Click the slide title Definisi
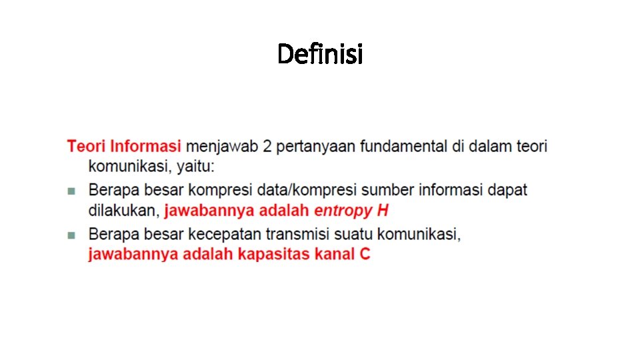click(320, 53)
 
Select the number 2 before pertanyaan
click(267, 146)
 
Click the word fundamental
click(405, 146)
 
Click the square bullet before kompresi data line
click(71, 191)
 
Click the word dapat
click(507, 190)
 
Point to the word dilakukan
click(124, 211)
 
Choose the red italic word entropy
click(343, 212)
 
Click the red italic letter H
click(383, 211)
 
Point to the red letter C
click(365, 255)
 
